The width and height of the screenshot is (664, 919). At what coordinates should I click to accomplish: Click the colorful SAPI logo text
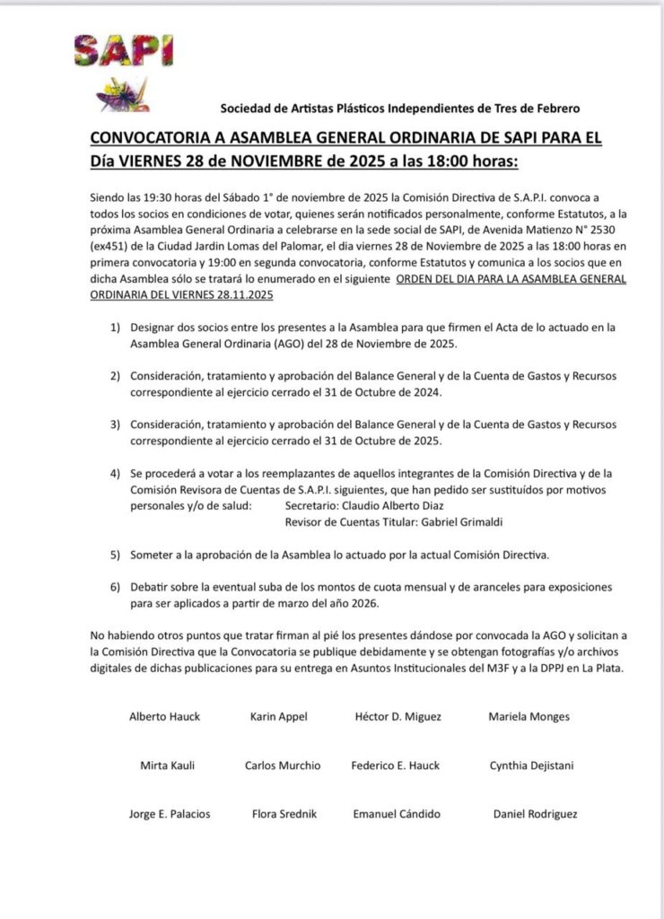click(x=123, y=50)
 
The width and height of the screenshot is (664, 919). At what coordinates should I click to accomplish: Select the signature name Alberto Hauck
click(x=165, y=717)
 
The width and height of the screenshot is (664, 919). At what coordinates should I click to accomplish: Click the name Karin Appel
click(x=279, y=717)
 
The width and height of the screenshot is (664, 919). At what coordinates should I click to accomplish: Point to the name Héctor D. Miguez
click(x=398, y=717)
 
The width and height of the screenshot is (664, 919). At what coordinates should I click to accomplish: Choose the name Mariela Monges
click(x=529, y=717)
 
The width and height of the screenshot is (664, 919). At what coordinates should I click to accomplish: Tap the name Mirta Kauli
click(x=168, y=766)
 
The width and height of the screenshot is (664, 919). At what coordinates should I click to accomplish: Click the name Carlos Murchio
click(x=283, y=766)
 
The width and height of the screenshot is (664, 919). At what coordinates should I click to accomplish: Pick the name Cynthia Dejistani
click(x=532, y=766)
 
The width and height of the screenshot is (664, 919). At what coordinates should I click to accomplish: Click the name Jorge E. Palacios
click(x=170, y=814)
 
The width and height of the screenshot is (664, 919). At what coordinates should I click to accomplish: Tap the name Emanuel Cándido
click(x=397, y=814)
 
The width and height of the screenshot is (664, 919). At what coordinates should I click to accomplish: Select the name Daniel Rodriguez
click(x=536, y=814)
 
